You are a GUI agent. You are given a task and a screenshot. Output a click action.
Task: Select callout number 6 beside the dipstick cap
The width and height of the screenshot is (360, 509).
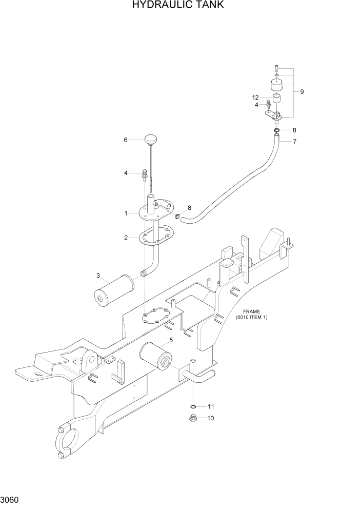pos(125,140)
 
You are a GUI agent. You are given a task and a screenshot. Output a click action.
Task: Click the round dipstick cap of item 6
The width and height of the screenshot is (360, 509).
pos(150,139)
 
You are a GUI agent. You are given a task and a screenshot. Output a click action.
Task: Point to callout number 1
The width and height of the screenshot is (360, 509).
pos(125,213)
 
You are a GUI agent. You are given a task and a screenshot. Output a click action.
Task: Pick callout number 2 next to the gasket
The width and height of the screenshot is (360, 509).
pos(125,238)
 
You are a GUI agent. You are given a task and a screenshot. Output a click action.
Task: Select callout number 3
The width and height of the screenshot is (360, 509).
pos(97,276)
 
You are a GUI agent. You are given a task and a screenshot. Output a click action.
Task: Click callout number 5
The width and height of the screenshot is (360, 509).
pos(171,339)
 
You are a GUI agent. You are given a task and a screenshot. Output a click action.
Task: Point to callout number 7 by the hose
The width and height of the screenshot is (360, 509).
pos(294,141)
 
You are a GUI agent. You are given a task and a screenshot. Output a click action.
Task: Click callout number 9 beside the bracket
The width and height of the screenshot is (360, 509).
pos(302,92)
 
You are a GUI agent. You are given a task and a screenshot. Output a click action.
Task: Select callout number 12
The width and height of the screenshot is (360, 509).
pos(255,97)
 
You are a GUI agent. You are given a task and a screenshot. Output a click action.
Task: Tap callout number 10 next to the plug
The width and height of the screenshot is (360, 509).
pos(210,418)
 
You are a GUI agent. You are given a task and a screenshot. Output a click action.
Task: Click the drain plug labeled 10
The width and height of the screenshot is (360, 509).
pos(194,418)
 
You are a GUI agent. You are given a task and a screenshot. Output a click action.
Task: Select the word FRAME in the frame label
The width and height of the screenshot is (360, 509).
pos(252,311)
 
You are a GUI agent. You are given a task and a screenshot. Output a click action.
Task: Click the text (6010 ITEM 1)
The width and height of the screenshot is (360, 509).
pos(252,318)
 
